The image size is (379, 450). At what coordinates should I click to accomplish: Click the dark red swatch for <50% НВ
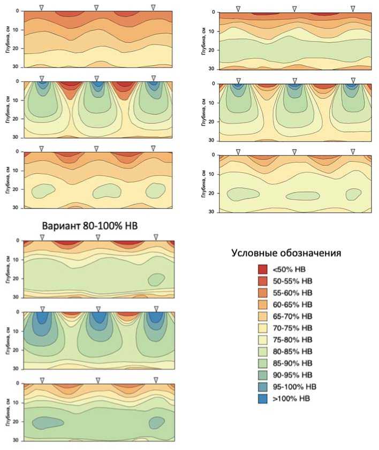[263, 269]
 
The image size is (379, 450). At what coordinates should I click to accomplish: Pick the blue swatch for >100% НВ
[263, 399]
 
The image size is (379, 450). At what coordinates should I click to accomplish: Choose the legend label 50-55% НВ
[295, 281]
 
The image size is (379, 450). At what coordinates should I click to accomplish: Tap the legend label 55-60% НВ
[295, 293]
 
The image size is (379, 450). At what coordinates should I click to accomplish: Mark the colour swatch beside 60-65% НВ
[263, 305]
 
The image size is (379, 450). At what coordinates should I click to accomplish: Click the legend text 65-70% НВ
[295, 316]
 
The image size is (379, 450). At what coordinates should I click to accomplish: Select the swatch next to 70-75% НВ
[263, 328]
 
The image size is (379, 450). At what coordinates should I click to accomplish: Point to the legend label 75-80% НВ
[295, 340]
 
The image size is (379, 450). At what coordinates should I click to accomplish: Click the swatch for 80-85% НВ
[263, 352]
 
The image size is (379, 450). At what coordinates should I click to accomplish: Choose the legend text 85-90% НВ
[295, 363]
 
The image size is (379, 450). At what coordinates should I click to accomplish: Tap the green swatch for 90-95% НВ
[263, 375]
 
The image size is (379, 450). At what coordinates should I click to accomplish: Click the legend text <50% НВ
[291, 269]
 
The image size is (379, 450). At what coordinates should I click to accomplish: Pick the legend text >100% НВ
[293, 399]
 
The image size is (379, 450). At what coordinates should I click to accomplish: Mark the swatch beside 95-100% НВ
[263, 387]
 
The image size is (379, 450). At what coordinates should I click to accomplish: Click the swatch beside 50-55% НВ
[263, 281]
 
